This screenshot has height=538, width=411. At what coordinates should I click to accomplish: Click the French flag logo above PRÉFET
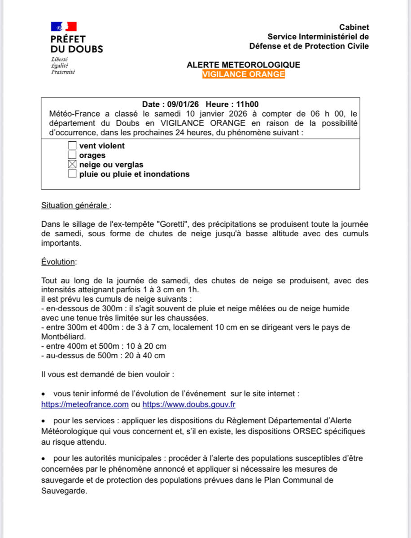[64, 26]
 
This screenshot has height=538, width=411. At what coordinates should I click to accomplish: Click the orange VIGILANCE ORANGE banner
[244, 74]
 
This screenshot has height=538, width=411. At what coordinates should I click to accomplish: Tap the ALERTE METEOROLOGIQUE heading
[244, 65]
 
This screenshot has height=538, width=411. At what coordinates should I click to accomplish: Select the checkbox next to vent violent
[72, 146]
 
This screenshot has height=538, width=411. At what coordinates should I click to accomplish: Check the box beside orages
[72, 155]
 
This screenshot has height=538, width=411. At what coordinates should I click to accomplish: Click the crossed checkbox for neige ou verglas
[72, 165]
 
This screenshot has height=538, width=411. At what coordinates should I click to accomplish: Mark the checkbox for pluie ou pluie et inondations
[72, 174]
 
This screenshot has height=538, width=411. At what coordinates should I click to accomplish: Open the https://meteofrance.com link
[85, 404]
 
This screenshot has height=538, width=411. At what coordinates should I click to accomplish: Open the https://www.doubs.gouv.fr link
[189, 404]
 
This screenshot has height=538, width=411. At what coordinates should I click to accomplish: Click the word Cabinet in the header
[354, 28]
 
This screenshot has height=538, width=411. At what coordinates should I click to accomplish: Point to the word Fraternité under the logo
[63, 71]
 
